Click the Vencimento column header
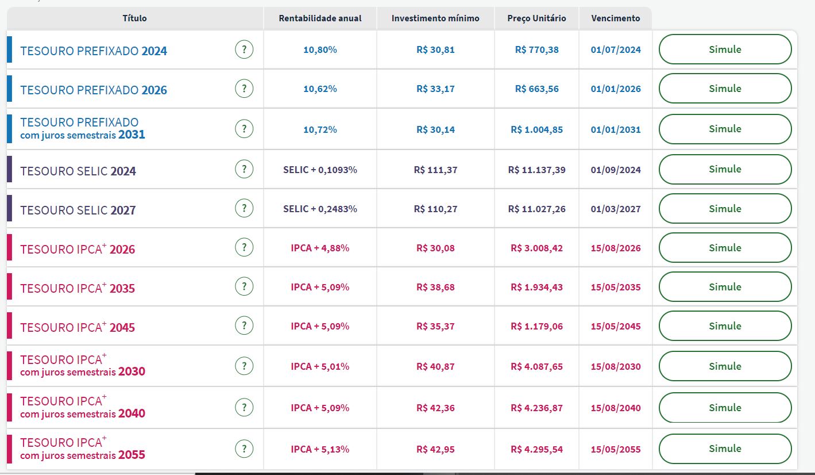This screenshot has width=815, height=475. coord(615,18)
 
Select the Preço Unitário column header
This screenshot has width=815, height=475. coord(536,18)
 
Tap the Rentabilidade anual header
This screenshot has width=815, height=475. coord(320,18)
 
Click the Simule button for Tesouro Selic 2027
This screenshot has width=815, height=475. coord(725,208)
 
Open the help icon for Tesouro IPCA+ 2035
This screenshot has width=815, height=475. coord(244,286)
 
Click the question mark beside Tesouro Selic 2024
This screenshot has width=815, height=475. coord(244,169)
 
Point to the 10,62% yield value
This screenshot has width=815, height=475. coord(320,89)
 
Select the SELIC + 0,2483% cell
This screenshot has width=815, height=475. coord(320,209)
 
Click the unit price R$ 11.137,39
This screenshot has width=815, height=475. coord(536,170)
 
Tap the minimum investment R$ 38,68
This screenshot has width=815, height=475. coord(435,287)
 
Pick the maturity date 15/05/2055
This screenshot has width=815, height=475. coord(616,449)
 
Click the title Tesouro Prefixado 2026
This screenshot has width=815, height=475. coord(94,90)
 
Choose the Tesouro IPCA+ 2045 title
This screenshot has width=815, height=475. coord(78,327)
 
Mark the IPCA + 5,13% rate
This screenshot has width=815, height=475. coord(320,449)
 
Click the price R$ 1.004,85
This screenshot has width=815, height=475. coord(536,129)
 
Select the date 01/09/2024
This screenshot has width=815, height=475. coord(616,170)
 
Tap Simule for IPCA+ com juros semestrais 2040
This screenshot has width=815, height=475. coord(725,407)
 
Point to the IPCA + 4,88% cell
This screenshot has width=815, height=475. coord(320,248)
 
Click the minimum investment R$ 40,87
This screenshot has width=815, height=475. coord(435,366)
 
